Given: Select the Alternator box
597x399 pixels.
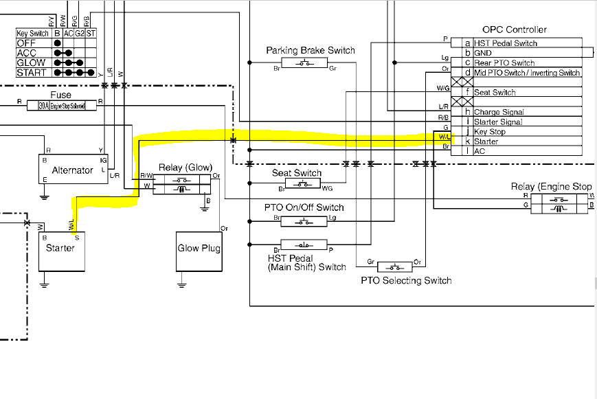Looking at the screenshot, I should pos(72,170).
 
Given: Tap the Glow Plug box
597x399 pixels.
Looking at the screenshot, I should pos(199,249).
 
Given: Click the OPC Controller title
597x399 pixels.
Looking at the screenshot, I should pos(514,30).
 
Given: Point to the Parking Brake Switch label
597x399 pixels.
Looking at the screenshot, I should pos(311,50).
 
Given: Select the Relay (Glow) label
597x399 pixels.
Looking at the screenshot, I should pos(185,168).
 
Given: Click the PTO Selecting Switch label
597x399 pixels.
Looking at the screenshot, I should pos(406,280).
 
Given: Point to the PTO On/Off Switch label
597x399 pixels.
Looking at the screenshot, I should pos(304,207).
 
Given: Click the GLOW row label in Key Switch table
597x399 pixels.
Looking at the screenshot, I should pos(32,62).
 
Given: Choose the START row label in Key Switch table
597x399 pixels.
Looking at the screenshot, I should pos(32,72).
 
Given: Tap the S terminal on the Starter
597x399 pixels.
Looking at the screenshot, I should pos(77,237).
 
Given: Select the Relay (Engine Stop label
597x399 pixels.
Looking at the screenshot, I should pos(551,187).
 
